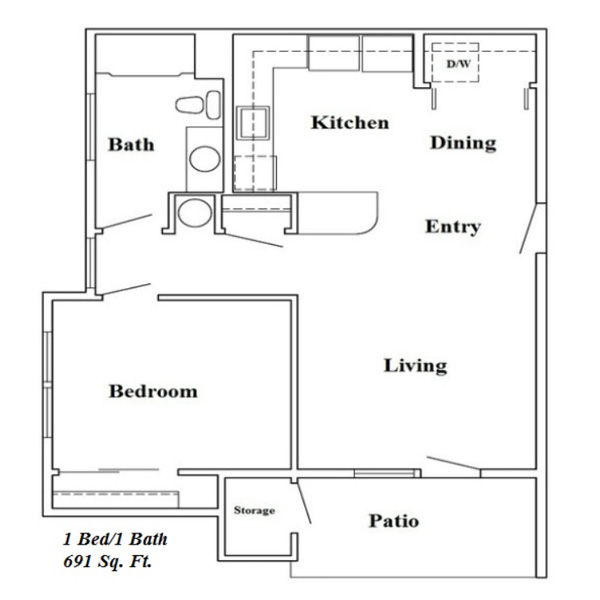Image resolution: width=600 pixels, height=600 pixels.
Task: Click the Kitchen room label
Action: tap(350, 122)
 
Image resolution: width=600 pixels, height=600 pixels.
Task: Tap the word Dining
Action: tap(463, 143)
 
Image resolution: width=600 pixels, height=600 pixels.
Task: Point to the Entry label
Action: tap(453, 227)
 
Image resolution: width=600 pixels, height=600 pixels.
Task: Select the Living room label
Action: tap(416, 365)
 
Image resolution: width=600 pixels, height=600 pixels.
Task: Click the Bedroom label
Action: tap(153, 391)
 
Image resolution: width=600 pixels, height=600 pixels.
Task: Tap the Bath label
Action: tap(131, 145)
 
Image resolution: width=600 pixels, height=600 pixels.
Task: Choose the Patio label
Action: tap(394, 521)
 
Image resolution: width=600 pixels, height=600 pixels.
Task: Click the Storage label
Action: tap(254, 510)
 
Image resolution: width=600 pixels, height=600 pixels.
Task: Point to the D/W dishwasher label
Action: tap(458, 64)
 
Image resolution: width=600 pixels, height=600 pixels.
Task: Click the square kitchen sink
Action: tap(253, 123)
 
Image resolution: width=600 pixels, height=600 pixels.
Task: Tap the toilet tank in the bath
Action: tap(213, 105)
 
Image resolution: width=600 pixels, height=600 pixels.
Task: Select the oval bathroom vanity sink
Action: tap(205, 159)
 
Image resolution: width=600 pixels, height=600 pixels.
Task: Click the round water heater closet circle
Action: tap(195, 213)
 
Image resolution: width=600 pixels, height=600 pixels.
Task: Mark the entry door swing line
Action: tap(528, 228)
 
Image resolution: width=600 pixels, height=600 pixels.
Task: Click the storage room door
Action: tap(304, 502)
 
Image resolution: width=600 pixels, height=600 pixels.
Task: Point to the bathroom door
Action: tap(127, 221)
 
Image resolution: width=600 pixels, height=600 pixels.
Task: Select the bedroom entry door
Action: tap(126, 289)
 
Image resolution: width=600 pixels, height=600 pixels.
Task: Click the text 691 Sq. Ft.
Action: tap(107, 561)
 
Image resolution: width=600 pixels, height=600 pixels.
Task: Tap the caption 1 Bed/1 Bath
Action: tap(115, 539)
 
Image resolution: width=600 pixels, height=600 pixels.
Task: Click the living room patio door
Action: tap(453, 463)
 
